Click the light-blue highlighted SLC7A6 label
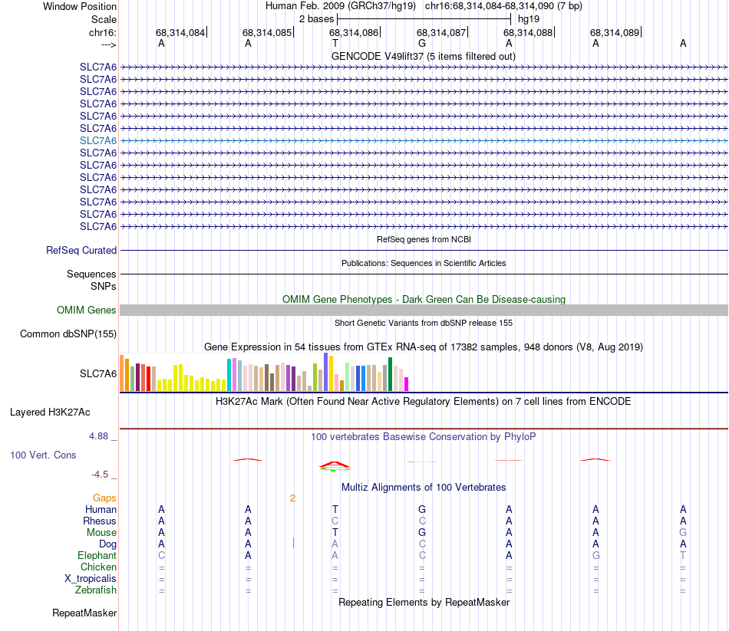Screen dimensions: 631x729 [x=98, y=140]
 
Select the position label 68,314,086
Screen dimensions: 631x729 [x=354, y=32]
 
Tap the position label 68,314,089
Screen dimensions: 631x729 [x=614, y=32]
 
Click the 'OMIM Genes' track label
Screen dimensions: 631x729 [x=87, y=311]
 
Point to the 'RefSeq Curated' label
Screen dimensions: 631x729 [x=81, y=250]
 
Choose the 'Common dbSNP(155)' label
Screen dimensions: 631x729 [x=68, y=334]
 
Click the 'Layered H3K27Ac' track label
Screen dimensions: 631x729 [x=50, y=412]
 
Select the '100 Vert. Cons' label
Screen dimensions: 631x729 [x=43, y=455]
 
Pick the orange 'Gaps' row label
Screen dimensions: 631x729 [x=104, y=498]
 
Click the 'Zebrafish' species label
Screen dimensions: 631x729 [x=96, y=590]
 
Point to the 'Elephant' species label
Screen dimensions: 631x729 [x=97, y=555]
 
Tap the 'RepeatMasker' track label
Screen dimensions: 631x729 [x=84, y=613]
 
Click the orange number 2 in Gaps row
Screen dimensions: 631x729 [x=292, y=498]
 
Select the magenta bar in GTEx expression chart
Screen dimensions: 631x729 [x=407, y=383]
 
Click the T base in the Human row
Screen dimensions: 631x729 [x=335, y=509]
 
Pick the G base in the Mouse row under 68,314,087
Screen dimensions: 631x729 [x=422, y=532]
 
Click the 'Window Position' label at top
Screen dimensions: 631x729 [x=80, y=6]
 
